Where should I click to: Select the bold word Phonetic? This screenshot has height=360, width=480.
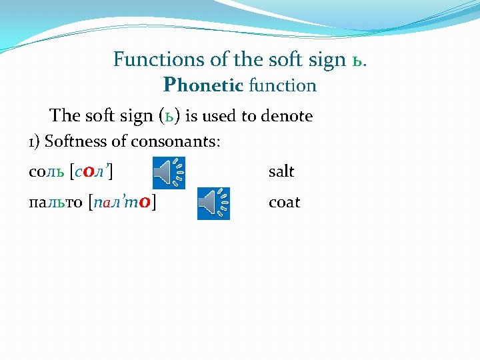pyautogui.click(x=203, y=85)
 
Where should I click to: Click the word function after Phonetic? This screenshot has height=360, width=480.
pyautogui.click(x=282, y=85)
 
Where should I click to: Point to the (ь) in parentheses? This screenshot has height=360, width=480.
pyautogui.click(x=170, y=116)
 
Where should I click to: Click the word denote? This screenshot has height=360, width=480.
pyautogui.click(x=286, y=116)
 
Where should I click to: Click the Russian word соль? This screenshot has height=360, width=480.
pyautogui.click(x=47, y=171)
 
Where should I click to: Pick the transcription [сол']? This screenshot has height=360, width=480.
pyautogui.click(x=91, y=171)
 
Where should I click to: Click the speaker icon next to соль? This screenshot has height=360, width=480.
pyautogui.click(x=169, y=173)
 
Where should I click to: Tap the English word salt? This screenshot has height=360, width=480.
pyautogui.click(x=281, y=171)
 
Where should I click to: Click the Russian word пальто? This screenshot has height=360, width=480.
pyautogui.click(x=55, y=202)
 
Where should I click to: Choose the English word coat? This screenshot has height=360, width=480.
pyautogui.click(x=284, y=202)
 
